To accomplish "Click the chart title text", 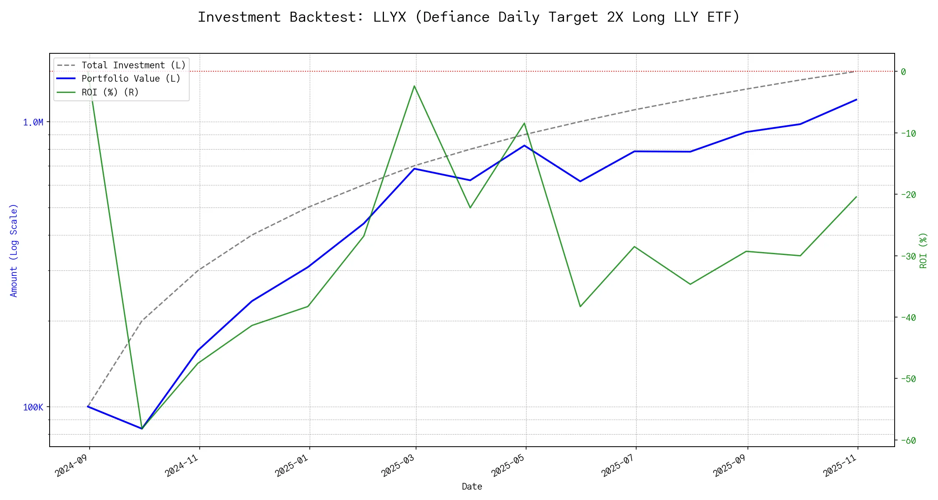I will (x=469, y=17).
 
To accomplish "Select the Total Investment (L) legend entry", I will (x=133, y=65).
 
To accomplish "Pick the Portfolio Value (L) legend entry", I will (x=131, y=79).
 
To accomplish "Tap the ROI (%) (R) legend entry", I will (x=110, y=92).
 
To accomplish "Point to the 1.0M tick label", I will (x=33, y=122).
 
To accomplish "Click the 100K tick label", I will (x=33, y=407).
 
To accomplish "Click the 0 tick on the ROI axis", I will (x=903, y=72).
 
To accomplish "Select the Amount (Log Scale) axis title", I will (x=14, y=250).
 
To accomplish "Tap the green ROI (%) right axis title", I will (x=923, y=250).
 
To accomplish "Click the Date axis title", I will (x=472, y=487).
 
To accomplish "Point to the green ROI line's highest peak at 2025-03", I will (x=414, y=86).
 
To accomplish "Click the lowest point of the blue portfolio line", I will (x=142, y=428).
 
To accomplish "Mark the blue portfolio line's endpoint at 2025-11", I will (x=857, y=100).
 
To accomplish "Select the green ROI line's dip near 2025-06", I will (x=580, y=307).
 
